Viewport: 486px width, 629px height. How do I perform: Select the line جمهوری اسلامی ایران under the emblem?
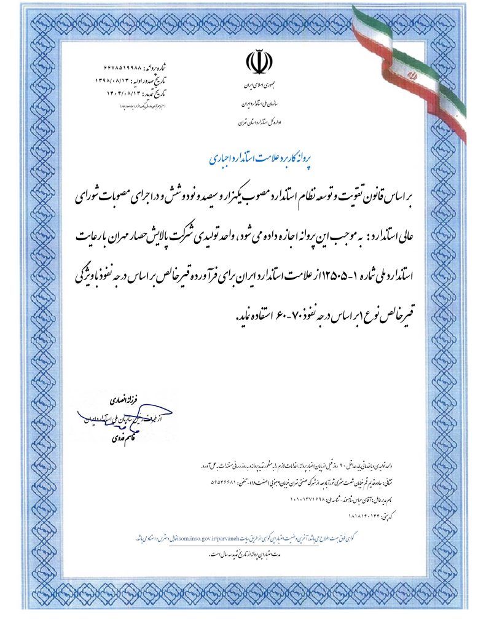coord(258,84)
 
